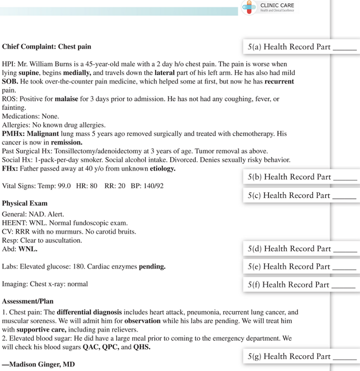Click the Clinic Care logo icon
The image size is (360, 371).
249,7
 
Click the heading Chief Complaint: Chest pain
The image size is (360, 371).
46,46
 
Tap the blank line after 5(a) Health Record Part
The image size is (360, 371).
345,49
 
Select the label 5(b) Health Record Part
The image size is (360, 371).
289,177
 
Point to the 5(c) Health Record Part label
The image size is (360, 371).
289,195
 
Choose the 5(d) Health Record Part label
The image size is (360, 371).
289,249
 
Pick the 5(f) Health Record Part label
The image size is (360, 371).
288,284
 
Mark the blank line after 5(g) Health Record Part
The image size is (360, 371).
345,359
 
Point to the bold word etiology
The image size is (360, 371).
162,169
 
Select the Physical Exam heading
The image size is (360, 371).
25,203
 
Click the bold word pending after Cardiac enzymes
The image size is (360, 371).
152,267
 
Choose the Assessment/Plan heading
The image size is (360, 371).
28,301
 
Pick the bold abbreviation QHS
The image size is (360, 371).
141,347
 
